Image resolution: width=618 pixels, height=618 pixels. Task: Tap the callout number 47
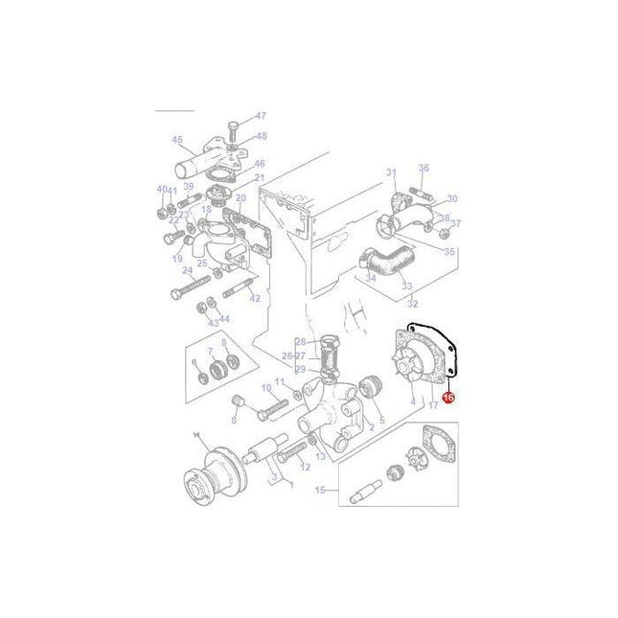[261, 117]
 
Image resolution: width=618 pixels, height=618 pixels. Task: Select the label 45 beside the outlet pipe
[176, 140]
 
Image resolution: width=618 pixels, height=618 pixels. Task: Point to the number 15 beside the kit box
[321, 492]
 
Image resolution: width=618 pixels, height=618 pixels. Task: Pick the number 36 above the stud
[423, 167]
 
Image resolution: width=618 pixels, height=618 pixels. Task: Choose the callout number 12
[306, 467]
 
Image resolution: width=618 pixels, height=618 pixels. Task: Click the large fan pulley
[206, 471]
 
